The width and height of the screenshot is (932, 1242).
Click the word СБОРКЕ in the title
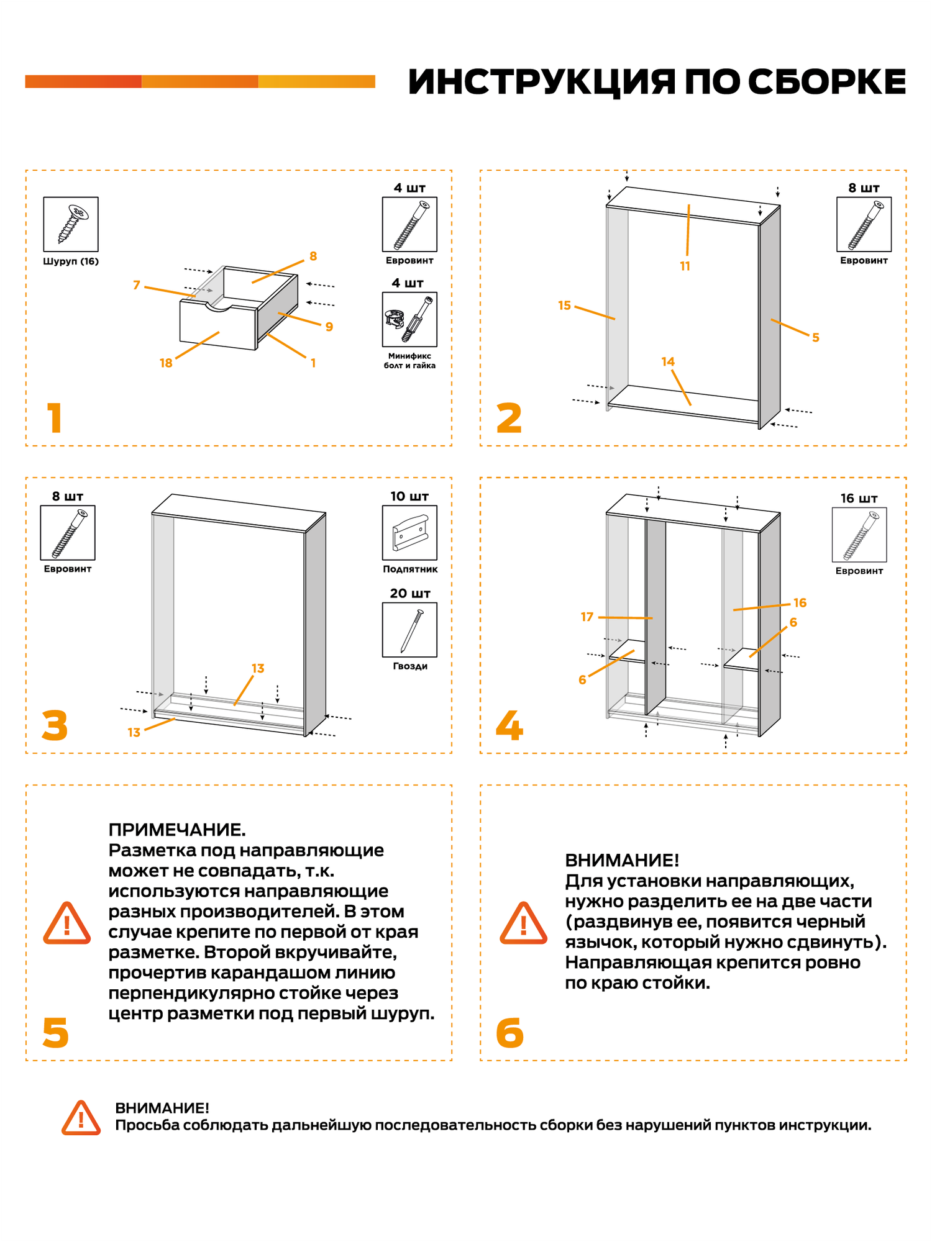click(x=826, y=82)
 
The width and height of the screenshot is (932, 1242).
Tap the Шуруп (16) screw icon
click(x=71, y=224)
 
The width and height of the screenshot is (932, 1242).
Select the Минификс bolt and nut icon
click(x=409, y=319)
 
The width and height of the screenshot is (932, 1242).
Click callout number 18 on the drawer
click(x=166, y=363)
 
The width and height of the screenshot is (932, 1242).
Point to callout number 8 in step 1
click(x=313, y=256)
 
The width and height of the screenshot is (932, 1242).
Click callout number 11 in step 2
click(x=685, y=266)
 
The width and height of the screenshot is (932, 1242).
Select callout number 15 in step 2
click(x=564, y=306)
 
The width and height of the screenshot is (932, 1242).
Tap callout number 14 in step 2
click(x=668, y=362)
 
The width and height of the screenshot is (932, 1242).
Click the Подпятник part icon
click(x=409, y=533)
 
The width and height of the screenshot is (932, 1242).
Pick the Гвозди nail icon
click(x=409, y=630)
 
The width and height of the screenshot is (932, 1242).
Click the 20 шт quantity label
click(x=409, y=594)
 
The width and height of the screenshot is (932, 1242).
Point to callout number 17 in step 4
click(x=587, y=617)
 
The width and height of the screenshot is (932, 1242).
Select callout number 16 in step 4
click(x=800, y=603)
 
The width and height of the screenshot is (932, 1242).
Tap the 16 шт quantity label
click(x=859, y=499)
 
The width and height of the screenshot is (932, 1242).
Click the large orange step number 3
click(x=55, y=725)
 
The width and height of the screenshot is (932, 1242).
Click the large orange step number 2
click(x=509, y=418)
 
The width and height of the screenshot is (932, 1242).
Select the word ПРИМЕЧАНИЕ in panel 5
click(x=176, y=830)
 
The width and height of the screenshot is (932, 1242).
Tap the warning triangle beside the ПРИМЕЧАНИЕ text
click(x=67, y=923)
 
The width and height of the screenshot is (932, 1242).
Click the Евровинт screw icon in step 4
click(x=859, y=535)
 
